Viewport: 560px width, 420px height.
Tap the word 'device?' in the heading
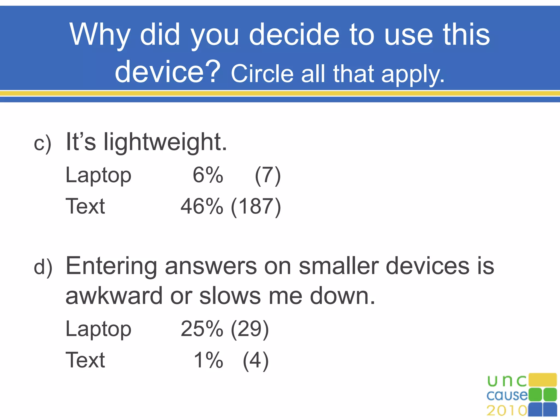(167, 72)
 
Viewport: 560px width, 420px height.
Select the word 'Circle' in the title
(262, 74)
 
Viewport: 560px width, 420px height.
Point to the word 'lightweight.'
(165, 142)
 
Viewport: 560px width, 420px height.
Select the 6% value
(208, 175)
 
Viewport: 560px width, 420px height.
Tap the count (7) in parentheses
(268, 176)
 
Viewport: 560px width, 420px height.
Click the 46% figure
(202, 206)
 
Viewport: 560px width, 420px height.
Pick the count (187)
(256, 207)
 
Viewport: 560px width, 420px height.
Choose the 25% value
(202, 329)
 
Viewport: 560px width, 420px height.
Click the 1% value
(208, 360)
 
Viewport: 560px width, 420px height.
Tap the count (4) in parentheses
(256, 361)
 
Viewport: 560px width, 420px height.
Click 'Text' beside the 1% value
(85, 360)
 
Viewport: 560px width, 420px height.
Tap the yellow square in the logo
(542, 380)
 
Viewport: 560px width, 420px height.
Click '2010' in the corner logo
(507, 410)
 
